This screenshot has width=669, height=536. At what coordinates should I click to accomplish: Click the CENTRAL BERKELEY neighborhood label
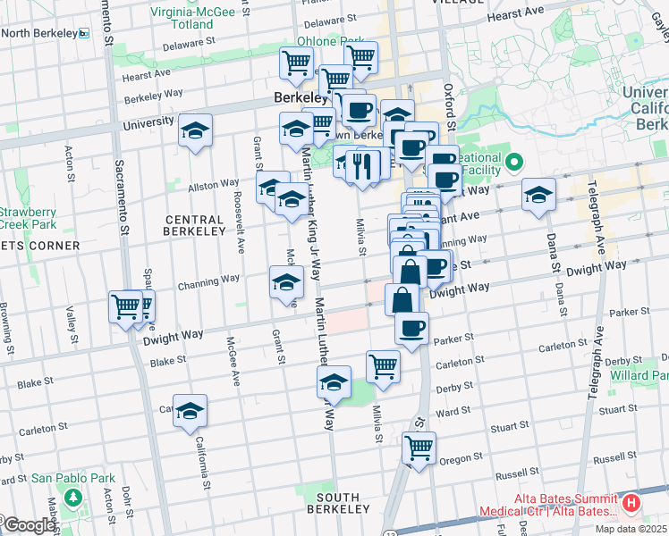click(x=194, y=225)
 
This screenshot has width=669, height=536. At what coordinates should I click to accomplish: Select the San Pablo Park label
click(x=72, y=478)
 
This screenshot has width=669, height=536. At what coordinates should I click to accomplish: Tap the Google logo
click(x=28, y=526)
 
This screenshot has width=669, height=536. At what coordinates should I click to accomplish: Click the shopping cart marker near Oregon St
click(x=418, y=447)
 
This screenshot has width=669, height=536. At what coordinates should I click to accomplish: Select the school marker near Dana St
click(x=538, y=196)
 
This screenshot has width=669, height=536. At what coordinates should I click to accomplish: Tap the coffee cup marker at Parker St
click(x=411, y=330)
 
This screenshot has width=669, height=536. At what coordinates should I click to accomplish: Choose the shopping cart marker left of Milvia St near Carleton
click(x=383, y=365)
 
